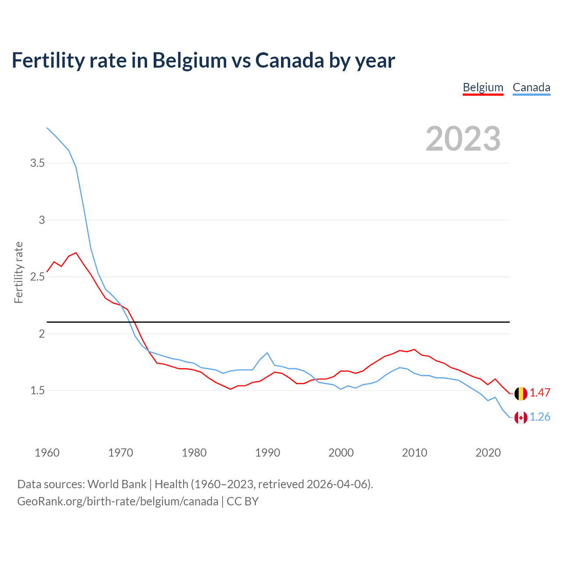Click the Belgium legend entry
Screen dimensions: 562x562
tap(483, 87)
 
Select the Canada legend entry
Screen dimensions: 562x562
tap(531, 87)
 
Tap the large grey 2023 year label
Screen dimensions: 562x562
tap(463, 139)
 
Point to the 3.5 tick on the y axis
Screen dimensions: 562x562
tap(37, 163)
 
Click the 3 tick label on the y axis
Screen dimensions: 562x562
tap(42, 220)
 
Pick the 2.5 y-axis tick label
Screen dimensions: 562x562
tap(37, 277)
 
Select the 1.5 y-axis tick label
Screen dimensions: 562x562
tap(37, 391)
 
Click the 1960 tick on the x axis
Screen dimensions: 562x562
tap(47, 453)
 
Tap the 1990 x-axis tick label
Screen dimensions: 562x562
tap(267, 453)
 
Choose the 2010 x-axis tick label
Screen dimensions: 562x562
tap(414, 453)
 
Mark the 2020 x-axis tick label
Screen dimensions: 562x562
tap(488, 453)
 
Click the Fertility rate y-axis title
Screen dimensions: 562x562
tap(18, 272)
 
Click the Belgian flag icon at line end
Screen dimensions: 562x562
tap(521, 393)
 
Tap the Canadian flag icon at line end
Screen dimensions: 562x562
tap(521, 418)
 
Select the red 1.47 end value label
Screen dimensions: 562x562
tap(540, 393)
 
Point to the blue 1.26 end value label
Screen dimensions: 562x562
tap(540, 417)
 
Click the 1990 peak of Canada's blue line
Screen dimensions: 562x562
tap(267, 353)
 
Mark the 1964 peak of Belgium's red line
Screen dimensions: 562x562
tap(76, 253)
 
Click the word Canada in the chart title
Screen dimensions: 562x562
tap(290, 60)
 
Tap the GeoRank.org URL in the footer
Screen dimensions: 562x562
tap(118, 501)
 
